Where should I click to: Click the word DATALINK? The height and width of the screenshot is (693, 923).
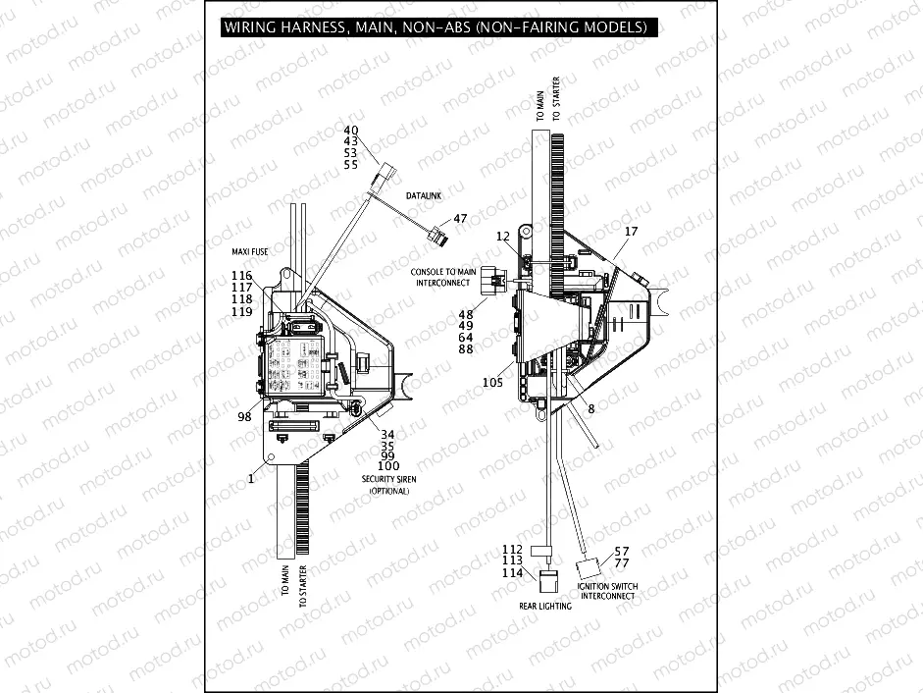[x=424, y=196]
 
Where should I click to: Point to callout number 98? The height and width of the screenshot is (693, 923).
[x=244, y=417]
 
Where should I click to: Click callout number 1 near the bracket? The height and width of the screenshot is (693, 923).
[x=251, y=478]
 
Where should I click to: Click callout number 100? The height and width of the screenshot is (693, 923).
[x=388, y=465]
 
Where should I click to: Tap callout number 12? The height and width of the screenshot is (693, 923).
[x=503, y=237]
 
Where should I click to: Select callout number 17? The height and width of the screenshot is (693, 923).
[x=631, y=232]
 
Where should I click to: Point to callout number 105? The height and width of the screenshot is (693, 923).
[x=492, y=382]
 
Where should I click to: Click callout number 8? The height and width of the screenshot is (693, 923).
[x=591, y=407]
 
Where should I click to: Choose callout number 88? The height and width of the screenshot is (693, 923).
[x=466, y=348]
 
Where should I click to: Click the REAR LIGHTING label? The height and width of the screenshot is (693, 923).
[x=545, y=606]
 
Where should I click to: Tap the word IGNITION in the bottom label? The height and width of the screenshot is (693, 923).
[x=594, y=587]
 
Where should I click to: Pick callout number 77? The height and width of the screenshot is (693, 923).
[x=622, y=563]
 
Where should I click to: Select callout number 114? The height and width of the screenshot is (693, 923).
[x=512, y=573]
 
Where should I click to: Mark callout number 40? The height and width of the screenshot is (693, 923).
[x=351, y=131]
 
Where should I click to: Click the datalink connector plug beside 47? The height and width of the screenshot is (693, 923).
[x=437, y=236]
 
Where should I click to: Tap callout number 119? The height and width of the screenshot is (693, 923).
[x=242, y=311]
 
